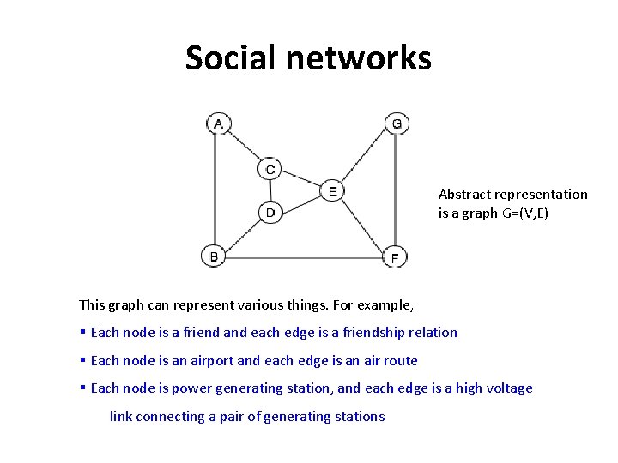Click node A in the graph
pos(218,124)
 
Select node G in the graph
pos(396,124)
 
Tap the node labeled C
pos(270,169)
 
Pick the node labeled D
pos(270,212)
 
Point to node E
pos(332,191)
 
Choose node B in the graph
pos(214,256)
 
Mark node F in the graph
pos(395,256)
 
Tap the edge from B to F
pos(305,256)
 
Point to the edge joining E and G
pos(364,158)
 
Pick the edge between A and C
pos(244,147)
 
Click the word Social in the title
pos(229,58)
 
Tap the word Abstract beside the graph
pos(464,195)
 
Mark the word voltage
pos(509,388)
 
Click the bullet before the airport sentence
pos(82,361)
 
